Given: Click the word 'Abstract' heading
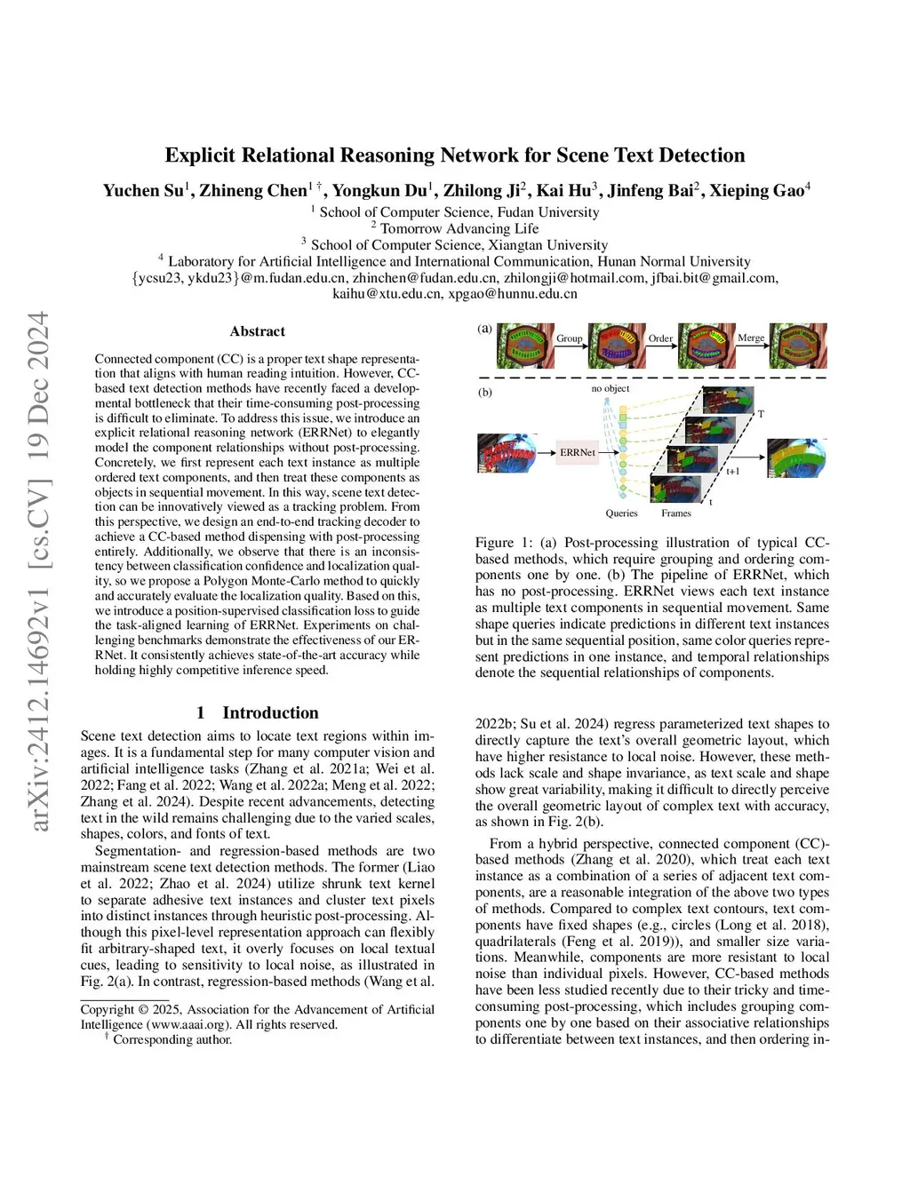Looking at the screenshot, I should point(257,331).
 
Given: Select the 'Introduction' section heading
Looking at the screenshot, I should point(269,712).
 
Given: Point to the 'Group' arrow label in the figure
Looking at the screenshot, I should point(569,338).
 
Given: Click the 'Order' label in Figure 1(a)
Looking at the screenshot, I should point(660,338).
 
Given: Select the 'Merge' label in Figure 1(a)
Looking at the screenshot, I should point(751,338).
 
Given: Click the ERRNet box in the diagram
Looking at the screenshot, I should point(577,452).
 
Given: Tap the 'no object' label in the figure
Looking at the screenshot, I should point(611,388).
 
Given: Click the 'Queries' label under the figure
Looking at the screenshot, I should point(621,513).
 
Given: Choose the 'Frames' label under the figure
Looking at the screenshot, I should point(676,513).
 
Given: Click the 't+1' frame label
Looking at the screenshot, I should point(733,471).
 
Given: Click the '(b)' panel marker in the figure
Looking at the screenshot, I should point(485,392).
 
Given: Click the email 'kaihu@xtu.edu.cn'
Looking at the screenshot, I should point(387,294).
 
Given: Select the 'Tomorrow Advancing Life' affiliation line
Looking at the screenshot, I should point(459,228).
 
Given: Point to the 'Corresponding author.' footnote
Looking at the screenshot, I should point(172,1039).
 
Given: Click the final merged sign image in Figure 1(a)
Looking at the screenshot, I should point(798,346).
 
